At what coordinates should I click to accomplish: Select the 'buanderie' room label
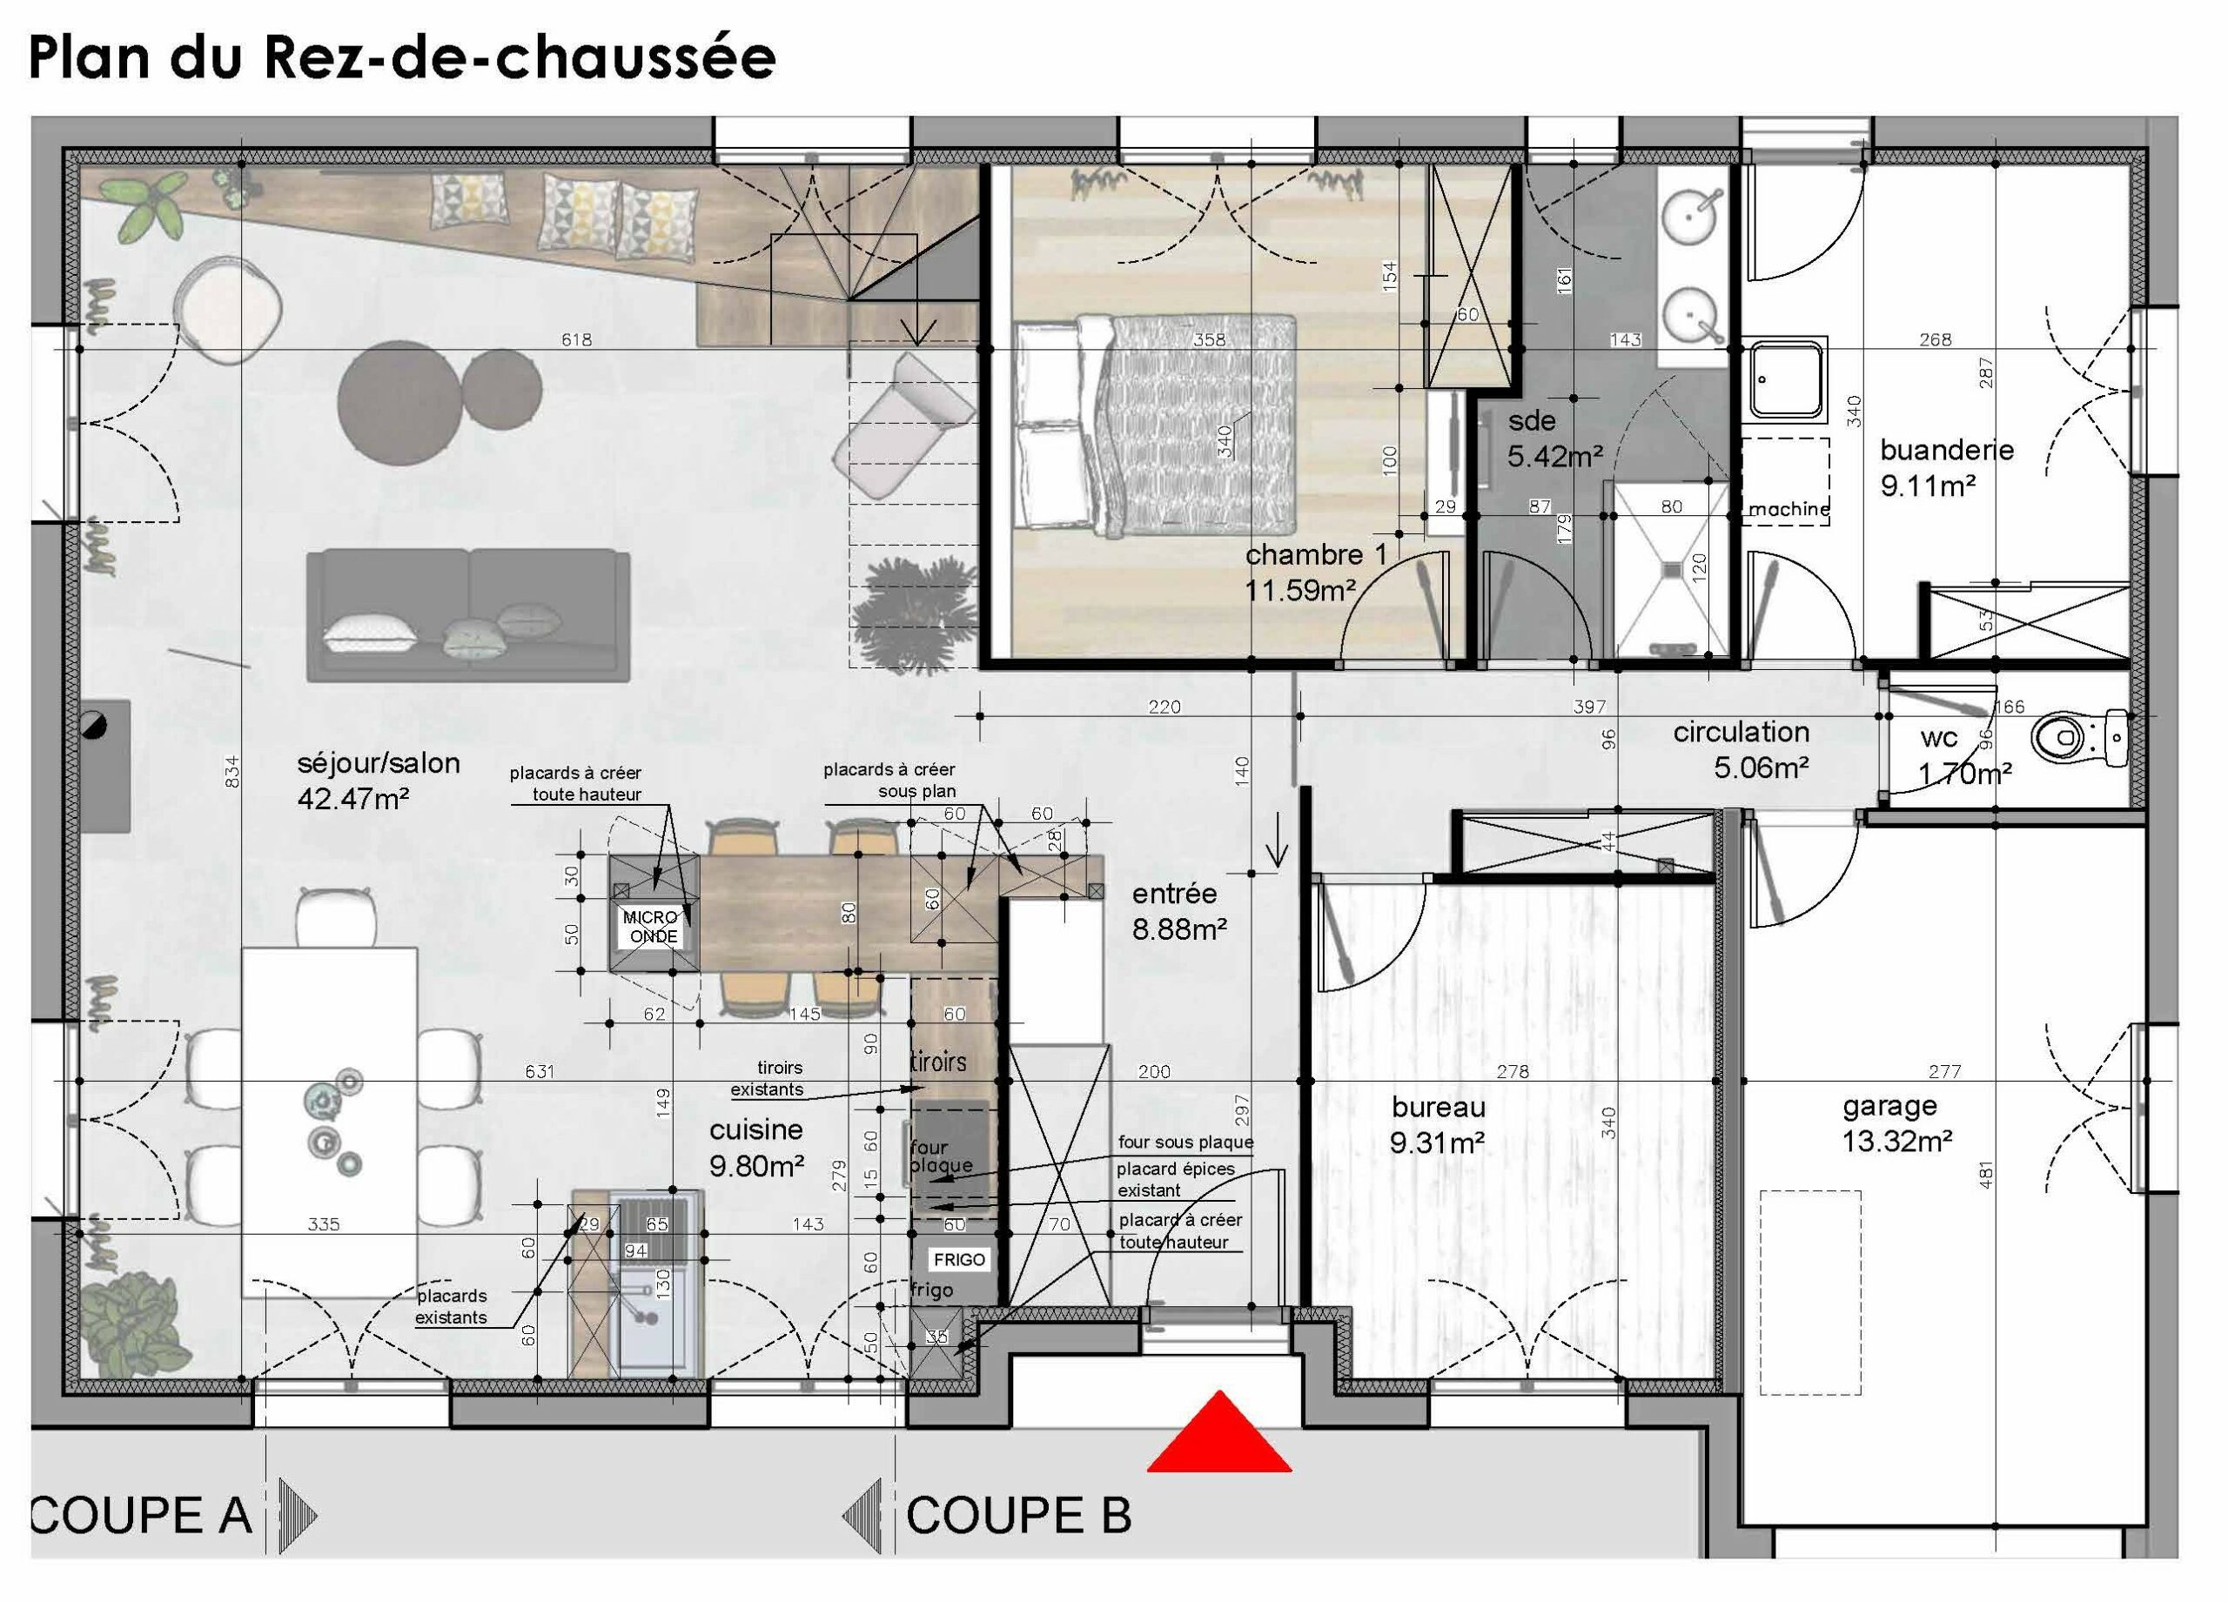[1946, 451]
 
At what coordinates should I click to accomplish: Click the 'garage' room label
[1890, 1107]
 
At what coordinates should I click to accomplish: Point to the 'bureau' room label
[1438, 1108]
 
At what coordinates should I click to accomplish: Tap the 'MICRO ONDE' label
[652, 926]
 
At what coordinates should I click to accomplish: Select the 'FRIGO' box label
[959, 1260]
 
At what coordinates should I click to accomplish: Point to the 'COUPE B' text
[1019, 1516]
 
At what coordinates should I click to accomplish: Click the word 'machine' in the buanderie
[1788, 509]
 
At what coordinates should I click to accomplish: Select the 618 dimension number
[577, 340]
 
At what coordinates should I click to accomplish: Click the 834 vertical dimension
[231, 770]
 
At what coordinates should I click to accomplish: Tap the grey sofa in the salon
[467, 616]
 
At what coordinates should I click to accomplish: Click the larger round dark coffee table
[399, 402]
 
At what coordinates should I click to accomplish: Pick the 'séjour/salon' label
[379, 763]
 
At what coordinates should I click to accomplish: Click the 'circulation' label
[1741, 732]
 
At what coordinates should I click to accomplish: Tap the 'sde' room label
[1533, 421]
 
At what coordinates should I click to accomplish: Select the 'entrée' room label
[1174, 894]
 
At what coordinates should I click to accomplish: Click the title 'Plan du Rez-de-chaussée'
[403, 57]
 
